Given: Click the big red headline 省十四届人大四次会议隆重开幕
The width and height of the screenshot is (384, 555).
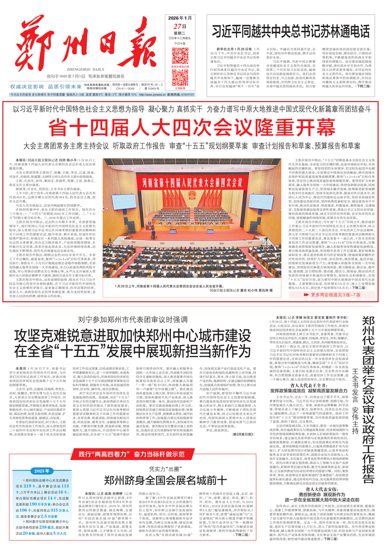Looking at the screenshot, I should pos(192,127).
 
